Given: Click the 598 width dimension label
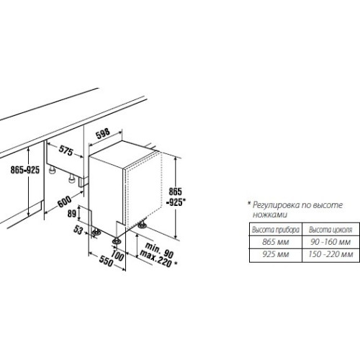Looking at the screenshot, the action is point(103,134).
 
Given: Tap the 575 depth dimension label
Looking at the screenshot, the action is point(66,150).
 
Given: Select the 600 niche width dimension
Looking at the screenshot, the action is point(64,202).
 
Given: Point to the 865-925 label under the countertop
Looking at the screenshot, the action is point(25,170).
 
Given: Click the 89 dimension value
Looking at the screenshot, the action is point(72,213).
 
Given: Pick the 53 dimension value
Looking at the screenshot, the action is point(78,230).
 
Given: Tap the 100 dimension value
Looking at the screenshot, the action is point(117,255).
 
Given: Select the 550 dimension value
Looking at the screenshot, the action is point(106,261).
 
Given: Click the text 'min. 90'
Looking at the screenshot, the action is point(159,250).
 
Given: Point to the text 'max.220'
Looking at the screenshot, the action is point(156,258).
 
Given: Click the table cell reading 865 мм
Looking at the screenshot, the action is point(276,242).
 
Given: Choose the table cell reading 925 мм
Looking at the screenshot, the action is point(276,254).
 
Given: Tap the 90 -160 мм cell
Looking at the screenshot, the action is point(330,242).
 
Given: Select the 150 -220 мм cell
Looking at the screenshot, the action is point(330,254).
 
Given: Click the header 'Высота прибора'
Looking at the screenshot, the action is point(276,230).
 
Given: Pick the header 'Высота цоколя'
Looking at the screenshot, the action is point(330,230).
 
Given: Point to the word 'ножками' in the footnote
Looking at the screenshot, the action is point(270,215).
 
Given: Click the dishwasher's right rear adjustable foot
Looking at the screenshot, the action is point(143,225).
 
